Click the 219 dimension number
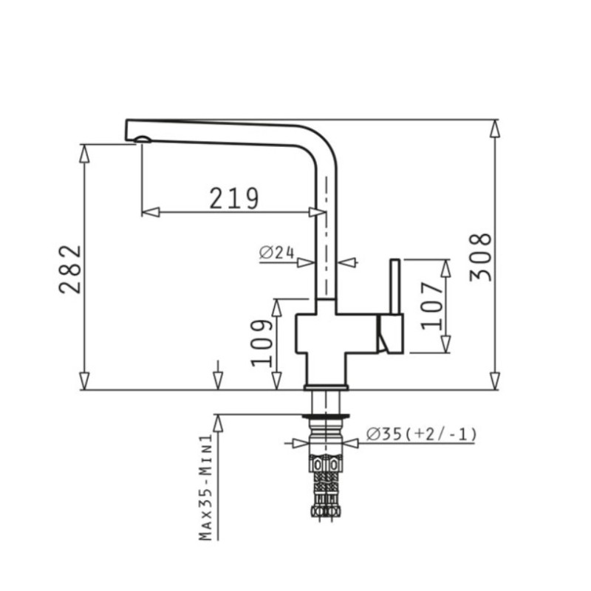coord(234,198)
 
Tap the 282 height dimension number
coord(70,269)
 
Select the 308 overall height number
coord(481,257)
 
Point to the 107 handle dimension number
coord(431,306)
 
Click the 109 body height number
coord(262,343)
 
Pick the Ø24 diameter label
coord(276,252)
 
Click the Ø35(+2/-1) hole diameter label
coord(421,434)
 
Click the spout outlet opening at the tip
coord(143,140)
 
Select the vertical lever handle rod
coord(394,287)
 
